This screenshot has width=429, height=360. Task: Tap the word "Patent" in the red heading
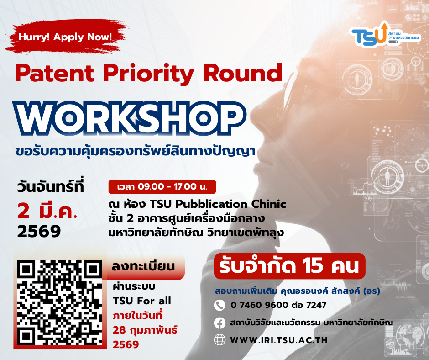coord(54,73)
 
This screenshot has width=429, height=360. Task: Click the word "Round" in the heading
coord(243,73)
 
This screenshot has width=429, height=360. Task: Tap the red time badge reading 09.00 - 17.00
coord(162,186)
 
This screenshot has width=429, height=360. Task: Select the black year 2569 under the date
coord(39,232)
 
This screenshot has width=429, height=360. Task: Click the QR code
coord(60,303)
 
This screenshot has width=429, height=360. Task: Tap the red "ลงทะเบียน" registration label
coord(143,266)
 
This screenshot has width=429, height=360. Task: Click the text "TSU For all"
coord(142,301)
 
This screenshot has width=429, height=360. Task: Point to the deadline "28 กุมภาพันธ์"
coord(145,330)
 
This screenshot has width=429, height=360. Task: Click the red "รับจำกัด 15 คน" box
coord(289,266)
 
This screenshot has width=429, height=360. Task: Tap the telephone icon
coord(220,305)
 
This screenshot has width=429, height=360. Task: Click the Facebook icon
coord(220,323)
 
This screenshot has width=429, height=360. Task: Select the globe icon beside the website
coord(220,340)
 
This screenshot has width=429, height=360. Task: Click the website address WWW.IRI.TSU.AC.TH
coord(279,340)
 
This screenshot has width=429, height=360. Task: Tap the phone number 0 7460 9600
coord(259,305)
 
